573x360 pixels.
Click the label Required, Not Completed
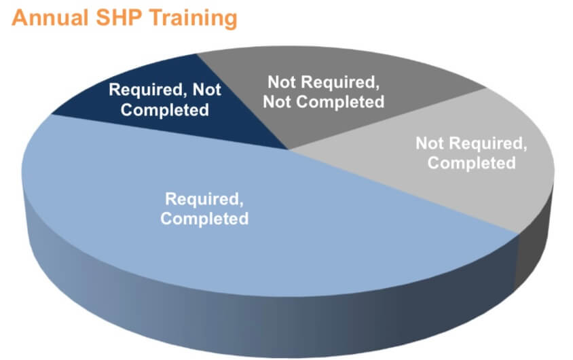(x=165, y=99)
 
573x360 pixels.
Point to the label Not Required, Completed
(x=470, y=153)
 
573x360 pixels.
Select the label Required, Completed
(x=204, y=209)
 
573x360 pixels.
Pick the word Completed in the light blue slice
(x=204, y=219)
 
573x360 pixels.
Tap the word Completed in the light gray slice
(x=471, y=163)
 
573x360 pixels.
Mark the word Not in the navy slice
(x=209, y=90)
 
